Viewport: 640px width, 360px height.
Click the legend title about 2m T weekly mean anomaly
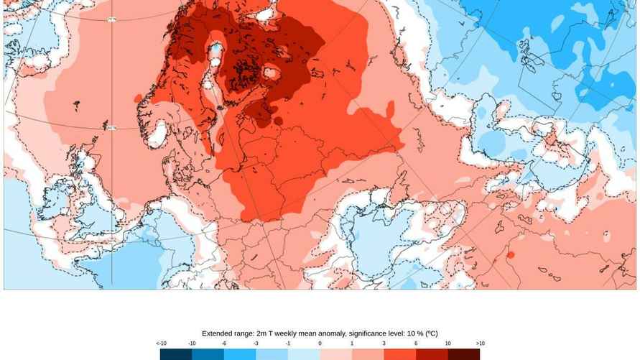320,333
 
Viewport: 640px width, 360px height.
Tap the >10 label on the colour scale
480,343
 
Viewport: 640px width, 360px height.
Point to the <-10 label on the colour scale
159,343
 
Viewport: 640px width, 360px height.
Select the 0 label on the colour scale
320,343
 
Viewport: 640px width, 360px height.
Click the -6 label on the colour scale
224,343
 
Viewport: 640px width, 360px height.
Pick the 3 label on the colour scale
384,343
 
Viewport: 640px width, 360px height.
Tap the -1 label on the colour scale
288,343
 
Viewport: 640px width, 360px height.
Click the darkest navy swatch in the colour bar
175,354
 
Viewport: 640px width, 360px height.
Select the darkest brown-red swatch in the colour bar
464,354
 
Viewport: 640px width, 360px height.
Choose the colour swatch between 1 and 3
368,354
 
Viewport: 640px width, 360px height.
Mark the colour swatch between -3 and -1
272,354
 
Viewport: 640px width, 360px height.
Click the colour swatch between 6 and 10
432,354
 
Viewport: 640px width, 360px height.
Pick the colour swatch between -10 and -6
208,354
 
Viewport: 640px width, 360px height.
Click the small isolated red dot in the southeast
510,254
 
